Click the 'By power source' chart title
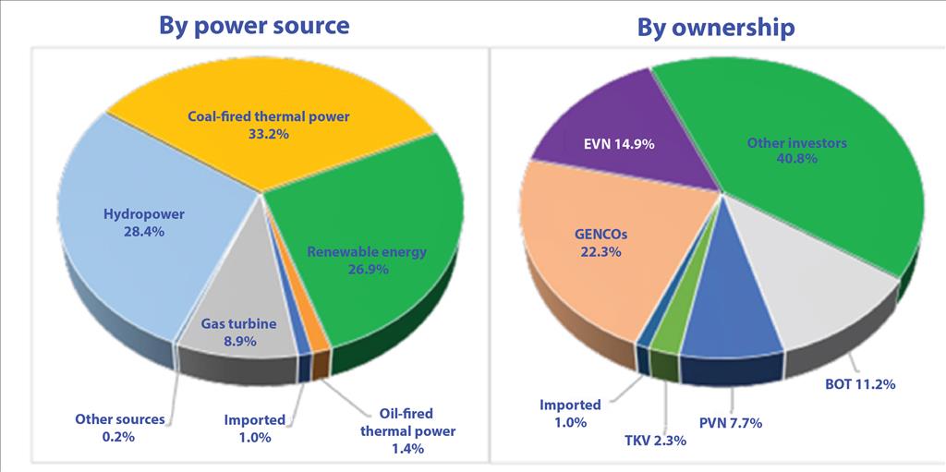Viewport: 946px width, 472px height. tap(254, 24)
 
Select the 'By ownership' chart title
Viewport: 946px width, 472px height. tap(715, 27)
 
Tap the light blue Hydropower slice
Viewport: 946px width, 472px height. tap(120, 259)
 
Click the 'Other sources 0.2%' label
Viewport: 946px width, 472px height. tap(120, 428)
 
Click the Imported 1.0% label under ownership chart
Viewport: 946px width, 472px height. tap(571, 413)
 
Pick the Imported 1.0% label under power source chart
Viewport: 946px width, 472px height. tap(254, 429)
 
